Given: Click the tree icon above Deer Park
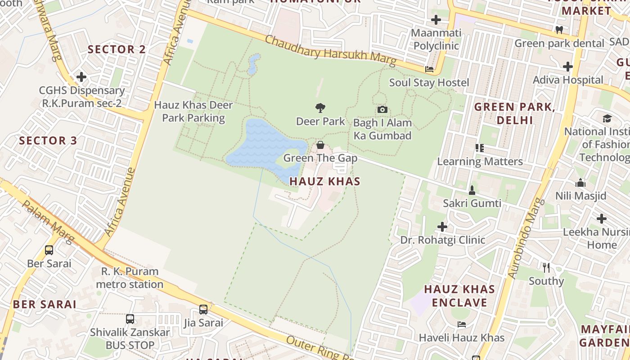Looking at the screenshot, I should pyautogui.click(x=320, y=108).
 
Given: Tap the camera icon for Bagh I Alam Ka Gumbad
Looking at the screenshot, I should pyautogui.click(x=382, y=109).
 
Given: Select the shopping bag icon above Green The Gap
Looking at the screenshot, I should pyautogui.click(x=320, y=145).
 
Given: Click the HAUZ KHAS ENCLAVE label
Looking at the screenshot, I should pyautogui.click(x=459, y=296).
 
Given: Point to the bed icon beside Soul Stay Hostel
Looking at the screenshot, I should pyautogui.click(x=429, y=69).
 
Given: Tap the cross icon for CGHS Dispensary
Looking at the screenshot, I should pyautogui.click(x=81, y=77).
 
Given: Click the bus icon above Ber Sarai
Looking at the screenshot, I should pyautogui.click(x=49, y=250).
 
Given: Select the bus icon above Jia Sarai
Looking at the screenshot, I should pyautogui.click(x=203, y=310).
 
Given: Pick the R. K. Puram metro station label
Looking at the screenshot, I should pyautogui.click(x=130, y=278).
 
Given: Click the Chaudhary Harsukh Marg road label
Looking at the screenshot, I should pyautogui.click(x=330, y=51).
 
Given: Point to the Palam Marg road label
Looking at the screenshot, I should pyautogui.click(x=48, y=221).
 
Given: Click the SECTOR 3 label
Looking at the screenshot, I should pyautogui.click(x=48, y=140).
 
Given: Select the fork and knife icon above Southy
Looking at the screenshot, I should pyautogui.click(x=546, y=268).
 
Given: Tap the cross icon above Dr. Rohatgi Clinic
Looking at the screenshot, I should pyautogui.click(x=442, y=226).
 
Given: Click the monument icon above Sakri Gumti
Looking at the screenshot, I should pyautogui.click(x=472, y=190).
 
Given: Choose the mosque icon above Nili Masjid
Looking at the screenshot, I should pyautogui.click(x=580, y=183).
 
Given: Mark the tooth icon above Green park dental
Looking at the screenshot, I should pyautogui.click(x=559, y=30).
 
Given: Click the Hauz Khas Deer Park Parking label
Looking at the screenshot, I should pyautogui.click(x=193, y=112).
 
